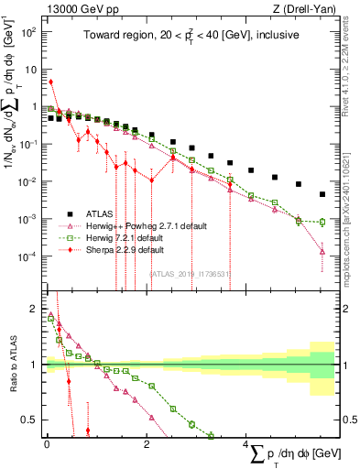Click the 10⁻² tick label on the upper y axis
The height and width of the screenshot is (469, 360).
point(29,181)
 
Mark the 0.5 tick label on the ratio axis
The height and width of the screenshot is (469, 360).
point(29,420)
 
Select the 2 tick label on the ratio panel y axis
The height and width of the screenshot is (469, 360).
point(34,309)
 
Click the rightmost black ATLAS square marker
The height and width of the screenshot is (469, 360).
point(322,194)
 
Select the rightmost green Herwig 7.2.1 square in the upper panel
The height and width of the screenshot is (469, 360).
point(322,222)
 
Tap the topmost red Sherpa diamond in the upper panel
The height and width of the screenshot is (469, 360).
point(51,82)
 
